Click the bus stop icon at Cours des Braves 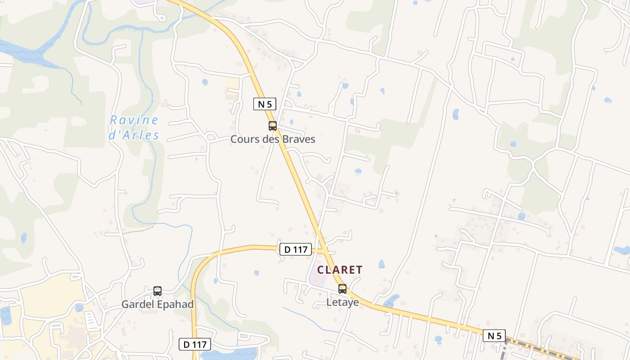(x=273, y=126)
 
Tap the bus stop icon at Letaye (x=342, y=289)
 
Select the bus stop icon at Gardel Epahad (x=157, y=291)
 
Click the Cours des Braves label (x=273, y=139)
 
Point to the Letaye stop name (x=342, y=302)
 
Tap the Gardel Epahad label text (x=157, y=304)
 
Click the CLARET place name (x=340, y=270)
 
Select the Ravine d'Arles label (x=135, y=127)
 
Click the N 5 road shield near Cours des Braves (x=264, y=104)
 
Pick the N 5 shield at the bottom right (x=494, y=335)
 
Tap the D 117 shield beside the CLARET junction (x=296, y=249)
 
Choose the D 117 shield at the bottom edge (x=195, y=345)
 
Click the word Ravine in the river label (x=134, y=120)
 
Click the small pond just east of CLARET (x=382, y=264)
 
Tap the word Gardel (x=138, y=304)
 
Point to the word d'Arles (x=135, y=135)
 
